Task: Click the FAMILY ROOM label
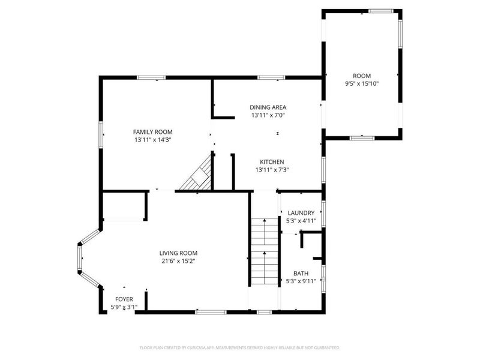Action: pyautogui.click(x=152, y=131)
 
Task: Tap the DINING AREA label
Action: pyautogui.click(x=268, y=107)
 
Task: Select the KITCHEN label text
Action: pyautogui.click(x=272, y=162)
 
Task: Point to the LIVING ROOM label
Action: pyautogui.click(x=178, y=253)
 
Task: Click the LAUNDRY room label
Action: pyautogui.click(x=301, y=213)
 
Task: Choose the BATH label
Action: pyautogui.click(x=301, y=273)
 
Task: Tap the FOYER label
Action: pyautogui.click(x=124, y=299)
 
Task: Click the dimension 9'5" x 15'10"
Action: pyautogui.click(x=362, y=83)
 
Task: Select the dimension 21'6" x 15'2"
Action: pyautogui.click(x=178, y=261)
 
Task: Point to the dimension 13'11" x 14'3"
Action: pyautogui.click(x=152, y=140)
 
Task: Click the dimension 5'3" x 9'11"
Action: pyautogui.click(x=301, y=281)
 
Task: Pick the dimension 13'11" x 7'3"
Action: pyautogui.click(x=272, y=170)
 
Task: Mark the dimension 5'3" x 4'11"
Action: pyautogui.click(x=301, y=221)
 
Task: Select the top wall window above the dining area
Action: pyautogui.click(x=271, y=77)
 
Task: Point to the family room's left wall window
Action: pyautogui.click(x=101, y=135)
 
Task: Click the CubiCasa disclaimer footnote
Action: pyautogui.click(x=240, y=347)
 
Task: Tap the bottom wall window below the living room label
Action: pyautogui.click(x=211, y=312)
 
